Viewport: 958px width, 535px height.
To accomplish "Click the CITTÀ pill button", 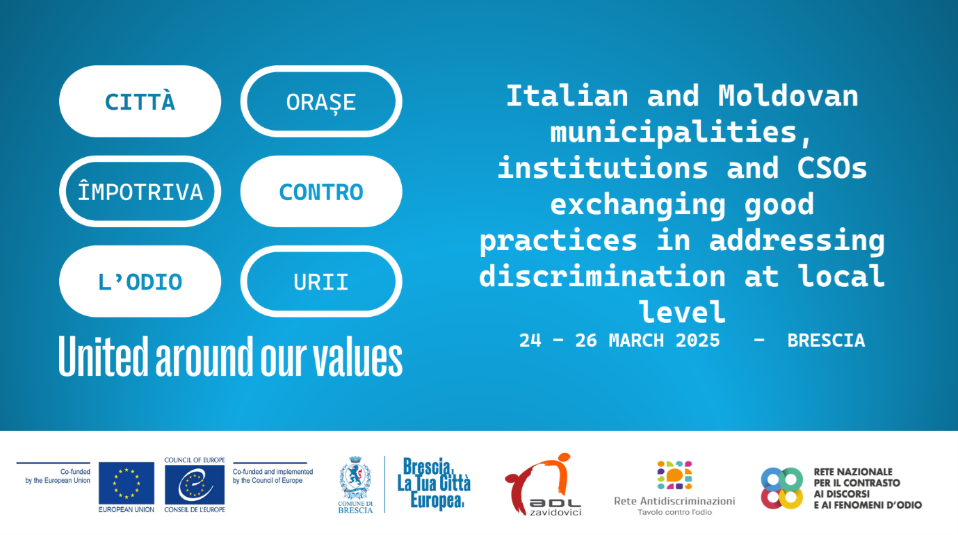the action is (x=140, y=101).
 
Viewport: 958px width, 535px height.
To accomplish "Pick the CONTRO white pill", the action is (x=321, y=191).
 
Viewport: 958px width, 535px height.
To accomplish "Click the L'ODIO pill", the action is (x=140, y=281).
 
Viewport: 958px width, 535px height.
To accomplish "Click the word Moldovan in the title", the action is (x=788, y=96).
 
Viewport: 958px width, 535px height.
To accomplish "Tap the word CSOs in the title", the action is (x=831, y=167).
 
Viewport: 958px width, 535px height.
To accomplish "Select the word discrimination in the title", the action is (x=602, y=276).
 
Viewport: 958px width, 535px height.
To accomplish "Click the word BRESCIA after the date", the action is (x=826, y=340).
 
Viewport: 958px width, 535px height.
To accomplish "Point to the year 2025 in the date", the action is (x=697, y=340).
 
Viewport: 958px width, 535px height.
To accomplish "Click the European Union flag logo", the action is (x=126, y=484).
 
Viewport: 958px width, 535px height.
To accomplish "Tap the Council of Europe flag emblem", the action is (x=195, y=484).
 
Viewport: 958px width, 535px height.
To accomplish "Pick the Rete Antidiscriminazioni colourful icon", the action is (x=674, y=475).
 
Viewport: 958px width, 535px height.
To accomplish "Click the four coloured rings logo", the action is (x=782, y=488).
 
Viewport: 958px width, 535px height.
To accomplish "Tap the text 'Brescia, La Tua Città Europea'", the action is (x=434, y=484).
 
